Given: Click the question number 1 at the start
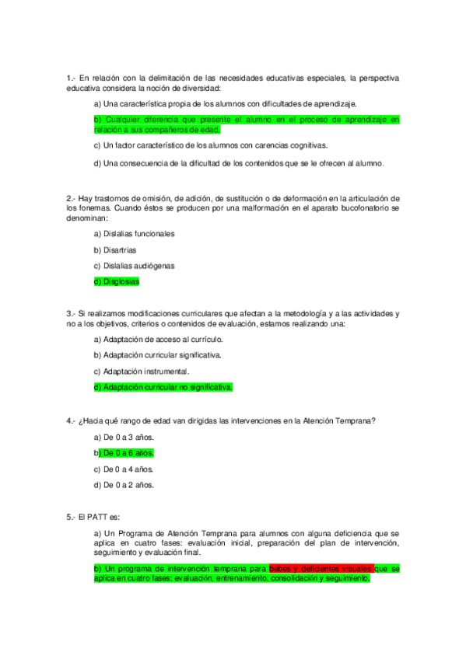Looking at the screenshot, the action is click(70, 78).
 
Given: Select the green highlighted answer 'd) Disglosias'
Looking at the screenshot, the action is click(117, 282).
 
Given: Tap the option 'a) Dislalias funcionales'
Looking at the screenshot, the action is click(134, 233).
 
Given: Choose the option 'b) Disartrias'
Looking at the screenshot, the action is click(115, 249).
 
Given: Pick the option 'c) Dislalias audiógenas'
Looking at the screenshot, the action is click(133, 266).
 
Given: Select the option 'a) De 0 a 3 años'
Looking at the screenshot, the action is click(124, 437).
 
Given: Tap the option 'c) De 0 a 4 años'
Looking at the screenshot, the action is click(124, 469).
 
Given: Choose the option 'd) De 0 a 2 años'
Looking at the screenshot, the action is click(124, 486).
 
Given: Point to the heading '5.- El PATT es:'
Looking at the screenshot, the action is click(93, 517).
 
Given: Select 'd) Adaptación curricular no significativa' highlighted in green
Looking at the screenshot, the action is click(163, 387).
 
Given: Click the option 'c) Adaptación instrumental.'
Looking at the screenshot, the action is click(141, 371).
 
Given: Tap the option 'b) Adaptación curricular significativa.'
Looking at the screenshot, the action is click(157, 355).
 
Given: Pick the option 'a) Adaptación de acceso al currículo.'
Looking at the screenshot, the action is click(158, 339).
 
